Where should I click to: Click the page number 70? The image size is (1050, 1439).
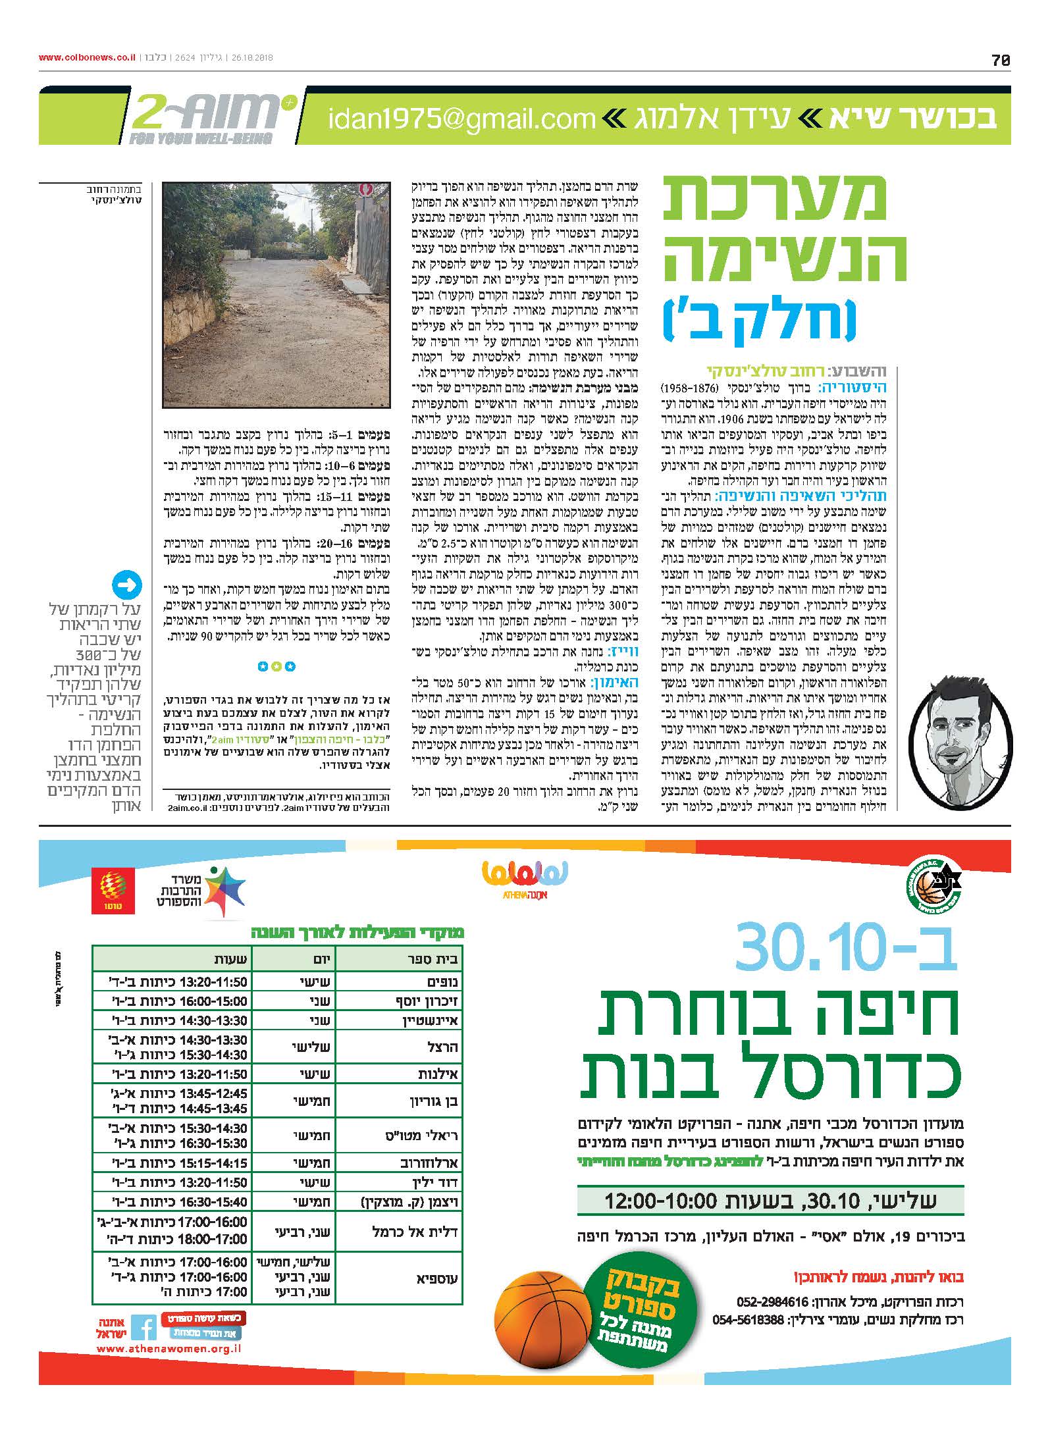tap(1000, 60)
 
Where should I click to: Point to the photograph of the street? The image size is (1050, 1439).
tap(277, 296)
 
